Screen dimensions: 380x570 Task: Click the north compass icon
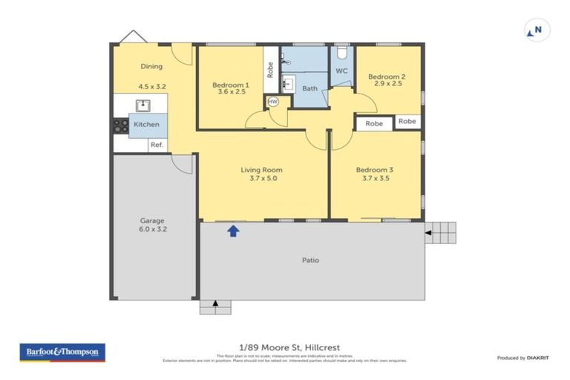click(x=537, y=30)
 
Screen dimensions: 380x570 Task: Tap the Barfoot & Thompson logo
click(x=62, y=352)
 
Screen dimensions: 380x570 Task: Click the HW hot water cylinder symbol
click(x=272, y=101)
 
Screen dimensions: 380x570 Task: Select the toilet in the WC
click(x=342, y=53)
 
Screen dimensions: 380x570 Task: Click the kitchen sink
click(x=142, y=105)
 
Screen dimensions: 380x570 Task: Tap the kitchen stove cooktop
click(x=120, y=126)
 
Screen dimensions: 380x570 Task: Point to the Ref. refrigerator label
click(x=157, y=145)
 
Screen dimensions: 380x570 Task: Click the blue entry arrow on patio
click(x=233, y=231)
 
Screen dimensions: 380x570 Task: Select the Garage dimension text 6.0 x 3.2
click(x=152, y=230)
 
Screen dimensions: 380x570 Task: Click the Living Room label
click(x=261, y=170)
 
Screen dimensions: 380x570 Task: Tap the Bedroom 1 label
click(x=230, y=85)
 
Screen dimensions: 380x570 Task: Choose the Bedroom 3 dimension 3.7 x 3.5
click(x=376, y=179)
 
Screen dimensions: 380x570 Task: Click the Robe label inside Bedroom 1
click(x=270, y=69)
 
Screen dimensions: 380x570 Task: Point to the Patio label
click(x=310, y=261)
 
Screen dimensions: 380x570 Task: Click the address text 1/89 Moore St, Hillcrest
click(x=285, y=347)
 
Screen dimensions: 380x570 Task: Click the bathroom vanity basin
click(x=289, y=82)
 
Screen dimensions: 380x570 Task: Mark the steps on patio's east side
click(x=443, y=232)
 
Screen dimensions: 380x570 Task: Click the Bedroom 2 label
click(x=386, y=76)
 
